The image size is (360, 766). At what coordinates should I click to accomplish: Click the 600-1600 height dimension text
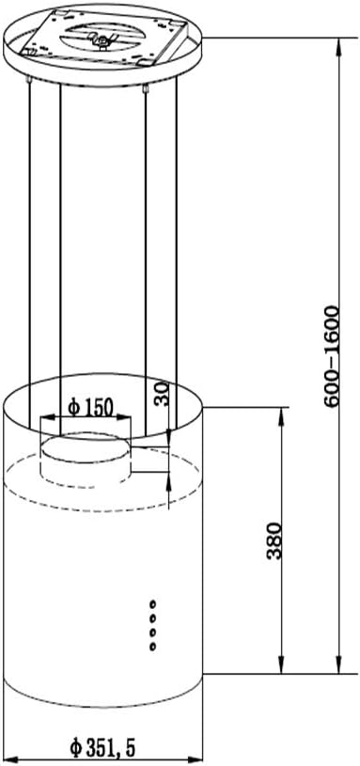(x=332, y=355)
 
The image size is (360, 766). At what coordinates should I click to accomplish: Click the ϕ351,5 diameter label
(x=102, y=748)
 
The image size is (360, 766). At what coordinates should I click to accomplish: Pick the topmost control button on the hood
(x=152, y=602)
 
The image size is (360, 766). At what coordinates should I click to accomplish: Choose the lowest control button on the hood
(x=152, y=648)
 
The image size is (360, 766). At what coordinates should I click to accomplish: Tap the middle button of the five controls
(x=152, y=625)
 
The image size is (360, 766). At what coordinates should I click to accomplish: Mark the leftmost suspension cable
(x=30, y=235)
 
